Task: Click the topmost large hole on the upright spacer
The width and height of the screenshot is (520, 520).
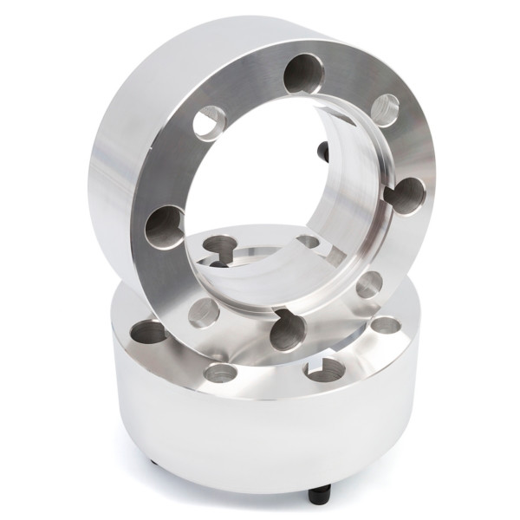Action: coord(304,74)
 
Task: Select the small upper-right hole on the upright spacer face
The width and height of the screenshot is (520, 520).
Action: coord(384,110)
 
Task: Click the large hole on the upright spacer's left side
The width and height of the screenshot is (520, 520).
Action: coord(165,225)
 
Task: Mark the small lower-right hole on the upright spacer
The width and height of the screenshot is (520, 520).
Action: coord(369,284)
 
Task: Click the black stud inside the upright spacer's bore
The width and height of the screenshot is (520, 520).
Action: coord(324,152)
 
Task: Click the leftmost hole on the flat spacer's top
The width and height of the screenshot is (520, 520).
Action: coord(147,332)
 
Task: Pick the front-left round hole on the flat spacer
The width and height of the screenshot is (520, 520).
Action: coord(220,374)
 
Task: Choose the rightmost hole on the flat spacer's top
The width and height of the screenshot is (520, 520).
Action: coord(385,326)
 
